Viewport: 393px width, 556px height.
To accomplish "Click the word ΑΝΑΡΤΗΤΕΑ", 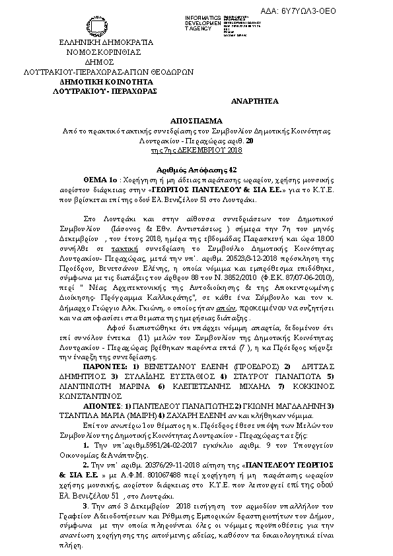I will pyautogui.click(x=255, y=100).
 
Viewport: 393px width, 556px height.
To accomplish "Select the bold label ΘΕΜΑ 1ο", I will pyautogui.click(x=100, y=179).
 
